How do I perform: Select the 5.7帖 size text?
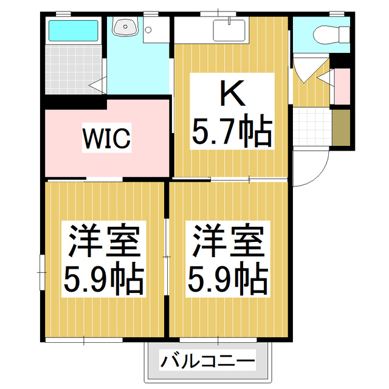231,131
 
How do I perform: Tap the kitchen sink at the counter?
230,29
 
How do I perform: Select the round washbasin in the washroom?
126,27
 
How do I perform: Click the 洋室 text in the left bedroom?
104,241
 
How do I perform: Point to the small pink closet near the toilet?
342,86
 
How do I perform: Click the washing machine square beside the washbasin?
156,29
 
